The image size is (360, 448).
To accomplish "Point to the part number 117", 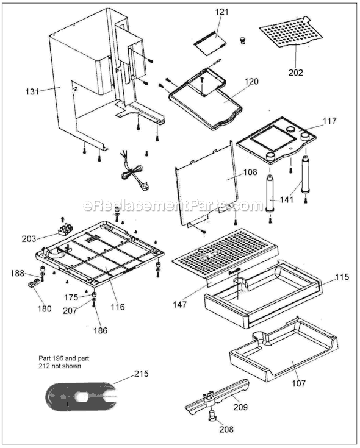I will [x=329, y=121].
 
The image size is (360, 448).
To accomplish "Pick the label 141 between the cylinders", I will [x=285, y=199].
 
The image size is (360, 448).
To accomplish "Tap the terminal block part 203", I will [x=64, y=229].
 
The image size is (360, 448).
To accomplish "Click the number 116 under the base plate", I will [x=118, y=307].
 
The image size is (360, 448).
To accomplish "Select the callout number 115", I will [x=342, y=277].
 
